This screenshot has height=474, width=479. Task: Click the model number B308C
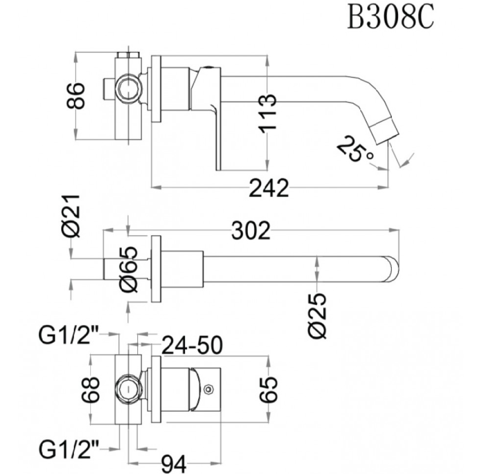(x=390, y=17)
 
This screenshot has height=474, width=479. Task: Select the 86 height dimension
(x=76, y=96)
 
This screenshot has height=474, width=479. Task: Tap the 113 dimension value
(x=267, y=113)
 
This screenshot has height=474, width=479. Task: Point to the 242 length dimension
(x=269, y=188)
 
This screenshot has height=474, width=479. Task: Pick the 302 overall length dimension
(x=251, y=230)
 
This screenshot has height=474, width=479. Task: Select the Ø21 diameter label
(x=71, y=216)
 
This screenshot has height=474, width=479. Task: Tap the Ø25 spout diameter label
(x=318, y=316)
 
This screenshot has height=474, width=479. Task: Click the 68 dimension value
(x=91, y=390)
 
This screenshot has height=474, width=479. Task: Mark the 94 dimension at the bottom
(x=174, y=465)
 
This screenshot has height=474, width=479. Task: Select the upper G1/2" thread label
(x=68, y=335)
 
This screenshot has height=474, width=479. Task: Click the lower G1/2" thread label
(x=68, y=449)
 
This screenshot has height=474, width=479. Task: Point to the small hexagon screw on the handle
(x=209, y=389)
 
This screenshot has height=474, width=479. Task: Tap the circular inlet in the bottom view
(x=129, y=390)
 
